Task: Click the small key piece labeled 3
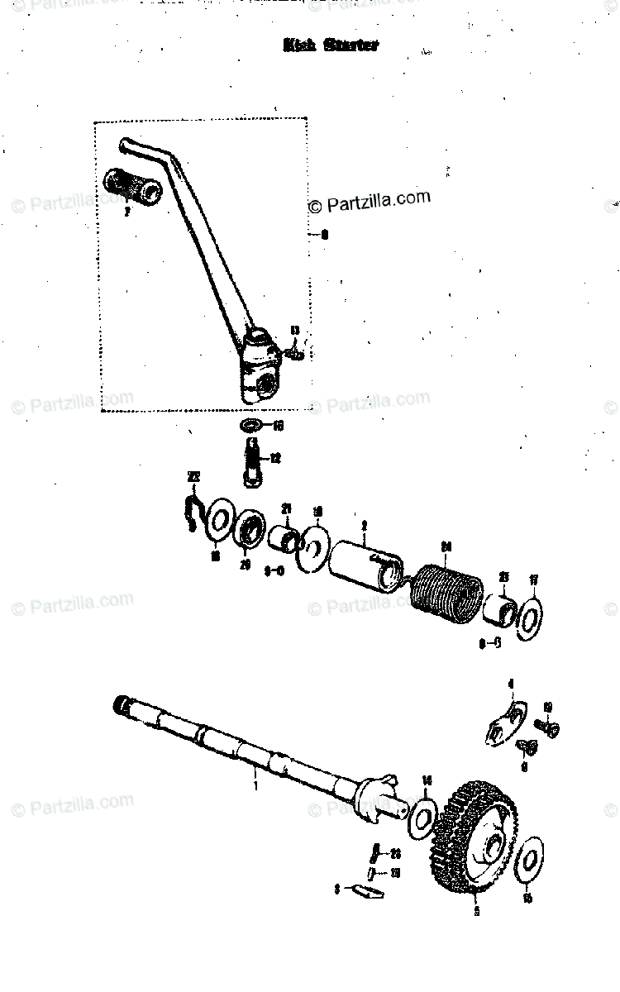[365, 890]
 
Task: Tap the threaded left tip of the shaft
[122, 705]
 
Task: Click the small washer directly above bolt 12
[250, 427]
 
